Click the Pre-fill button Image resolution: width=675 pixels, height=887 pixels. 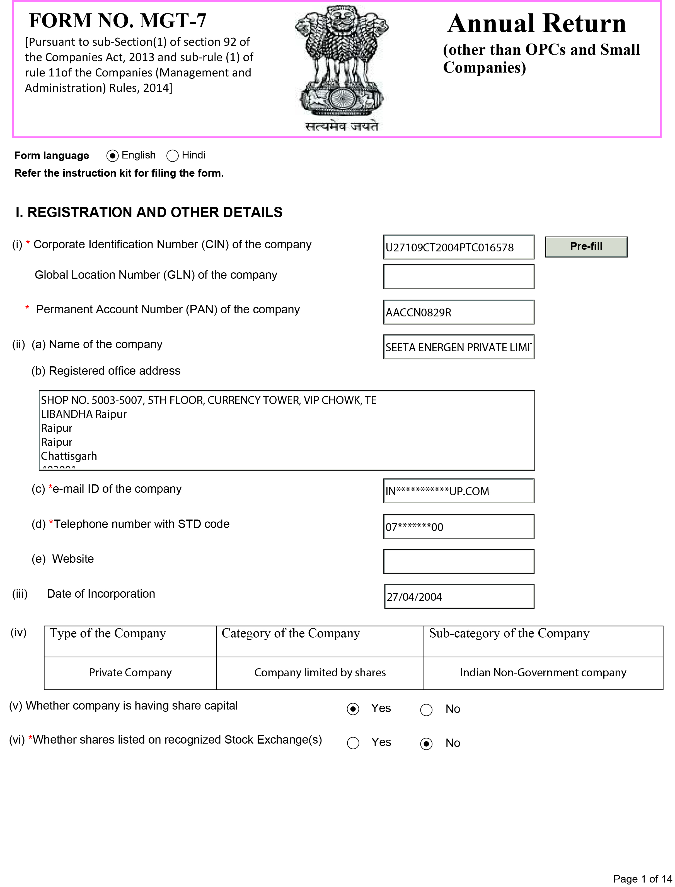(x=586, y=246)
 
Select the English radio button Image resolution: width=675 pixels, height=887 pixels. (x=113, y=156)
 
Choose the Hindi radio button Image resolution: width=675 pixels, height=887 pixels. (x=172, y=156)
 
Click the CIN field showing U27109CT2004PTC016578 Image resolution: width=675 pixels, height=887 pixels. (x=458, y=247)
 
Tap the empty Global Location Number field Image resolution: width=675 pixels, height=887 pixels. (x=458, y=277)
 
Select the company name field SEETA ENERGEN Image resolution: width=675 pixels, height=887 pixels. (x=458, y=347)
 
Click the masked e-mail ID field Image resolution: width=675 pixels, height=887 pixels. (x=458, y=491)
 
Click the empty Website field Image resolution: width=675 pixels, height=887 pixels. (x=458, y=561)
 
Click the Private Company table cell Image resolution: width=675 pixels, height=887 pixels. (x=130, y=673)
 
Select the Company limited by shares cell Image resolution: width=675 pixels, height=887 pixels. (x=320, y=673)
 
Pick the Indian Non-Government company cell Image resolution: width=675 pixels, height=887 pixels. (x=543, y=673)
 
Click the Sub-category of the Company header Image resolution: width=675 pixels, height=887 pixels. (x=509, y=633)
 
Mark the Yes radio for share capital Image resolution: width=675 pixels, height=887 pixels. (x=353, y=709)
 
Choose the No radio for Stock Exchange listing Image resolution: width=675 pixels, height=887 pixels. (x=426, y=744)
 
